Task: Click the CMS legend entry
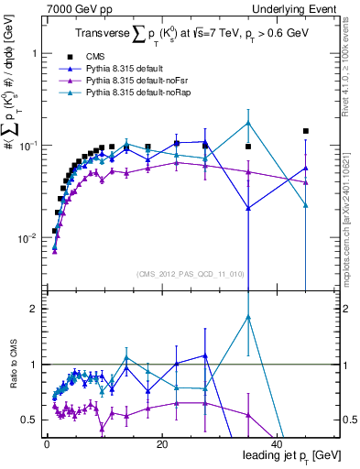107,56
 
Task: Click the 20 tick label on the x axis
161,444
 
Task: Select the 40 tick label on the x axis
277,444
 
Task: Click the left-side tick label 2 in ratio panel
36,310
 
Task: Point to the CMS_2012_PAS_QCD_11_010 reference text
178,273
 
